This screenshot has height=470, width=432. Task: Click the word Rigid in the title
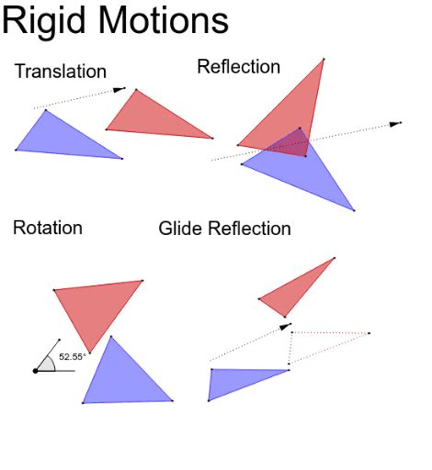(x=43, y=20)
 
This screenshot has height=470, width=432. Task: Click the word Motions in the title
(x=164, y=21)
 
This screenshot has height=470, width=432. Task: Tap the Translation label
(x=61, y=72)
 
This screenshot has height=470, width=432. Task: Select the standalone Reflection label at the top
(x=239, y=66)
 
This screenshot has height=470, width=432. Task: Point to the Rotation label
(x=48, y=228)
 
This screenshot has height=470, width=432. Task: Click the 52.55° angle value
(x=71, y=357)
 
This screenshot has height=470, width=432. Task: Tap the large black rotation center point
(x=35, y=371)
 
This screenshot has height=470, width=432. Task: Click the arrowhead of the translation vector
(x=119, y=90)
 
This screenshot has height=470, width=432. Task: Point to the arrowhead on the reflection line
(x=395, y=124)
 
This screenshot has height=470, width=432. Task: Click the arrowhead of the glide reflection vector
(x=286, y=326)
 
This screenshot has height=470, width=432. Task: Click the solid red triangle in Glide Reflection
(x=293, y=291)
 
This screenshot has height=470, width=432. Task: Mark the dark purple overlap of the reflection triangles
(x=291, y=144)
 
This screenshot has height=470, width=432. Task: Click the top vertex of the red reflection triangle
(x=324, y=59)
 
